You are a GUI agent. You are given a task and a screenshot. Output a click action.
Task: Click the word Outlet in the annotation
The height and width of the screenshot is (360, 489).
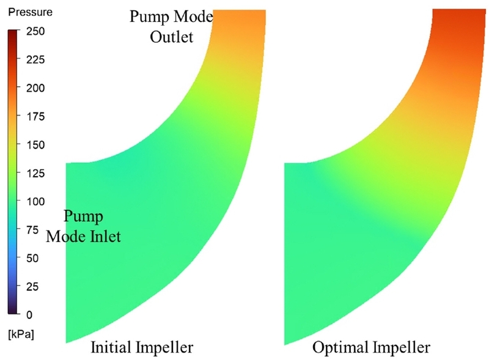tap(170, 37)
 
